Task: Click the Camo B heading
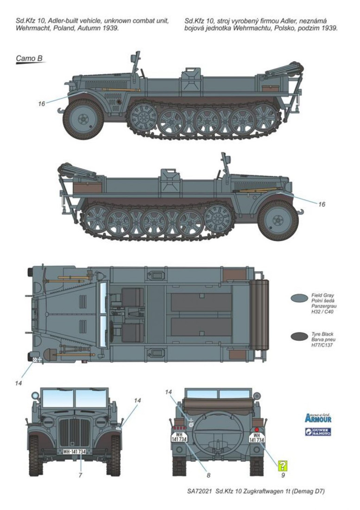tap(29, 58)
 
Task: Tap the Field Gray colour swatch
tap(300, 299)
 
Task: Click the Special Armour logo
tap(318, 417)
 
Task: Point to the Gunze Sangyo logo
tap(318, 432)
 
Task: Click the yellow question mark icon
tap(282, 465)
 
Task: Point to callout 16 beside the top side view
tap(42, 104)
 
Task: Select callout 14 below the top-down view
tap(19, 383)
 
